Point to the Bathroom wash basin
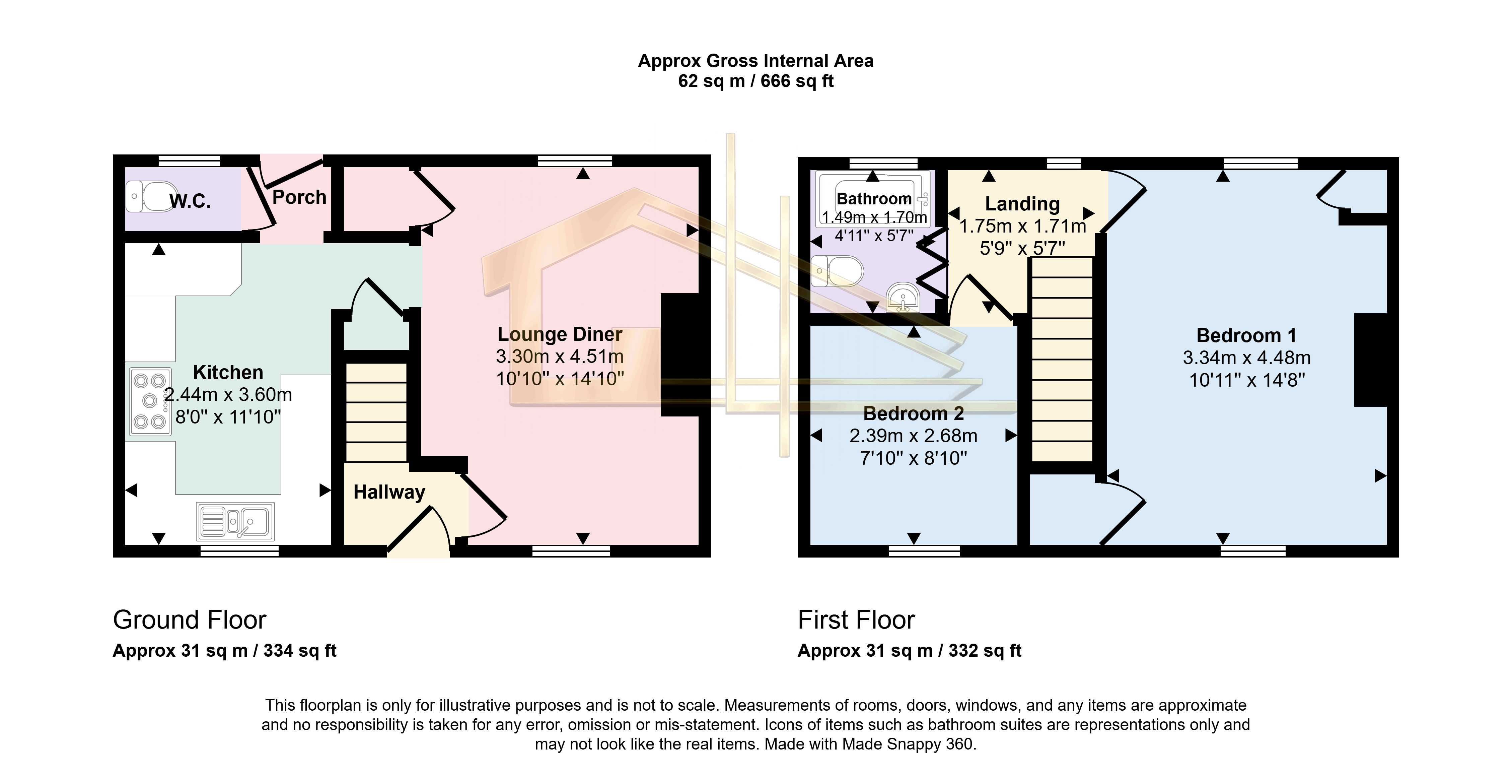tap(903, 298)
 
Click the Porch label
tap(299, 197)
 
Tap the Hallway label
tap(389, 492)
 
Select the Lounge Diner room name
tap(559, 334)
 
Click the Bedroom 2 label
tap(913, 414)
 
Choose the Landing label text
tap(1022, 204)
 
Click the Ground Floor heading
tap(190, 620)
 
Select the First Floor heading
tap(856, 620)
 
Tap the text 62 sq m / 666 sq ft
tap(755, 81)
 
